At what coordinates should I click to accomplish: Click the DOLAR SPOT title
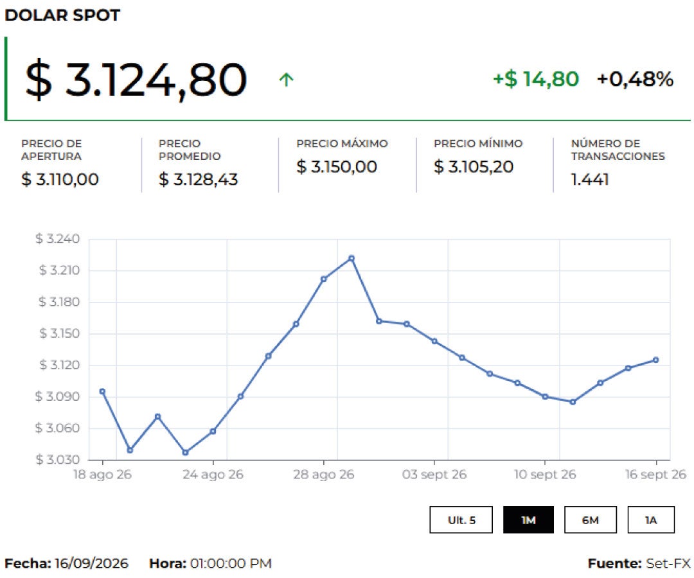pos(62,15)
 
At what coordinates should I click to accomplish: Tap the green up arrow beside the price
pos(287,80)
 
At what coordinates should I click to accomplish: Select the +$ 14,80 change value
pos(536,79)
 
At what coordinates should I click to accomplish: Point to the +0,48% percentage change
pos(635,79)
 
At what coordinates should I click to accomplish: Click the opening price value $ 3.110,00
pos(60,179)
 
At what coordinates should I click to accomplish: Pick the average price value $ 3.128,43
pos(198,179)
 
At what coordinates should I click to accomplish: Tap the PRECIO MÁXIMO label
pos(342,143)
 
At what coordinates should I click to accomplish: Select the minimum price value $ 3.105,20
pos(474,167)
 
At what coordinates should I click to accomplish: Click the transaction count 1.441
pos(590,180)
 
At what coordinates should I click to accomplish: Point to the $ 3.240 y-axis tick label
pos(58,239)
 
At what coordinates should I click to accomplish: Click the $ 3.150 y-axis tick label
pos(59,333)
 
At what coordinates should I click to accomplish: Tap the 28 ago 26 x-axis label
pos(323,475)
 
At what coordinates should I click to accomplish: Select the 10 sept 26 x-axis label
pos(545,475)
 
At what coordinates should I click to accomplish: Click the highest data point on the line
pos(351,258)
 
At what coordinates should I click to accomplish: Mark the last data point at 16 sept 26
pos(656,360)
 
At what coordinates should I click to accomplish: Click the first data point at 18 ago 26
pos(102,391)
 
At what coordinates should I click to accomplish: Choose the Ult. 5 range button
pos(461,520)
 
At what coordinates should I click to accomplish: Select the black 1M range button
pos(528,520)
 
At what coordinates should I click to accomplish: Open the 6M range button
pos(591,520)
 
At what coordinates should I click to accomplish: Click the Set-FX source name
pos(668,563)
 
